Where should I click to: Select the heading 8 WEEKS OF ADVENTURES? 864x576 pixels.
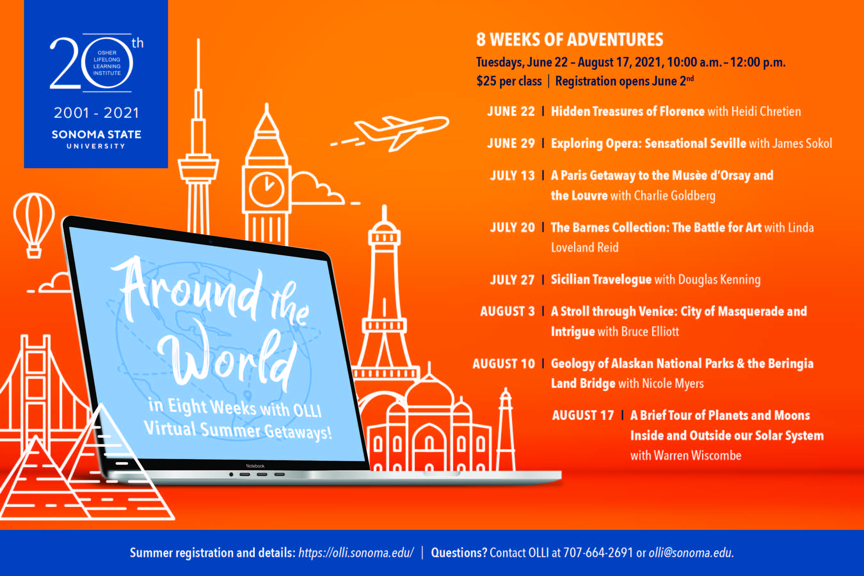pos(570,40)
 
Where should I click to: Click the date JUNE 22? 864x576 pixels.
pos(511,111)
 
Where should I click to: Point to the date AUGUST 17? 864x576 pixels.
pos(583,415)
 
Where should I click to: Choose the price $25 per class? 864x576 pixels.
pos(509,81)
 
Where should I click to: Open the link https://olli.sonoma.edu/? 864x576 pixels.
pos(356,553)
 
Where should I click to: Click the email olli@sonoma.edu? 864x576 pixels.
pos(691,553)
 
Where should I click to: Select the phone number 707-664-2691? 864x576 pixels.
pos(598,553)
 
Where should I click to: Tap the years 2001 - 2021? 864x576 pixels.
pos(96,113)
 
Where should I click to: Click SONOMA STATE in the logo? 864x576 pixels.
pos(96,134)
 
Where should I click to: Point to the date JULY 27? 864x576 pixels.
pos(512,280)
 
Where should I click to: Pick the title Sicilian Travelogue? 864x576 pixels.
pos(601,280)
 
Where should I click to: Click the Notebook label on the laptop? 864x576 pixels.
pos(255,466)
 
